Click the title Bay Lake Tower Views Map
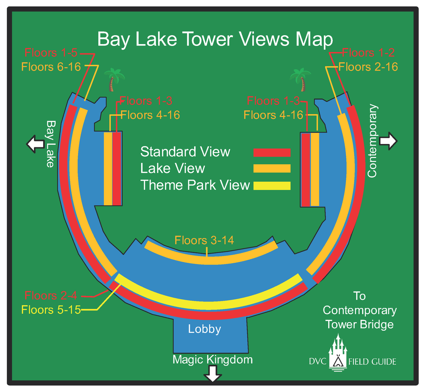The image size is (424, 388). [x=215, y=39]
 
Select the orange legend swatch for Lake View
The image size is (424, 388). [x=272, y=169]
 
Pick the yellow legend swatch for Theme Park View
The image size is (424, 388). [x=272, y=186]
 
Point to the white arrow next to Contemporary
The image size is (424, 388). [x=388, y=140]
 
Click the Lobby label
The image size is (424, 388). [x=205, y=329]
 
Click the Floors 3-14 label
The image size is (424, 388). [x=204, y=240]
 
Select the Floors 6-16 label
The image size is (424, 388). [x=51, y=67]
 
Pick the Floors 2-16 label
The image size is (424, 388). [x=368, y=67]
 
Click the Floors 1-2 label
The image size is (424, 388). [x=368, y=53]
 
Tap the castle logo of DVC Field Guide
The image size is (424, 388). [x=338, y=352]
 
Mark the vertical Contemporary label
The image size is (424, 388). [x=372, y=141]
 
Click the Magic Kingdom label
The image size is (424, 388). [x=212, y=360]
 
